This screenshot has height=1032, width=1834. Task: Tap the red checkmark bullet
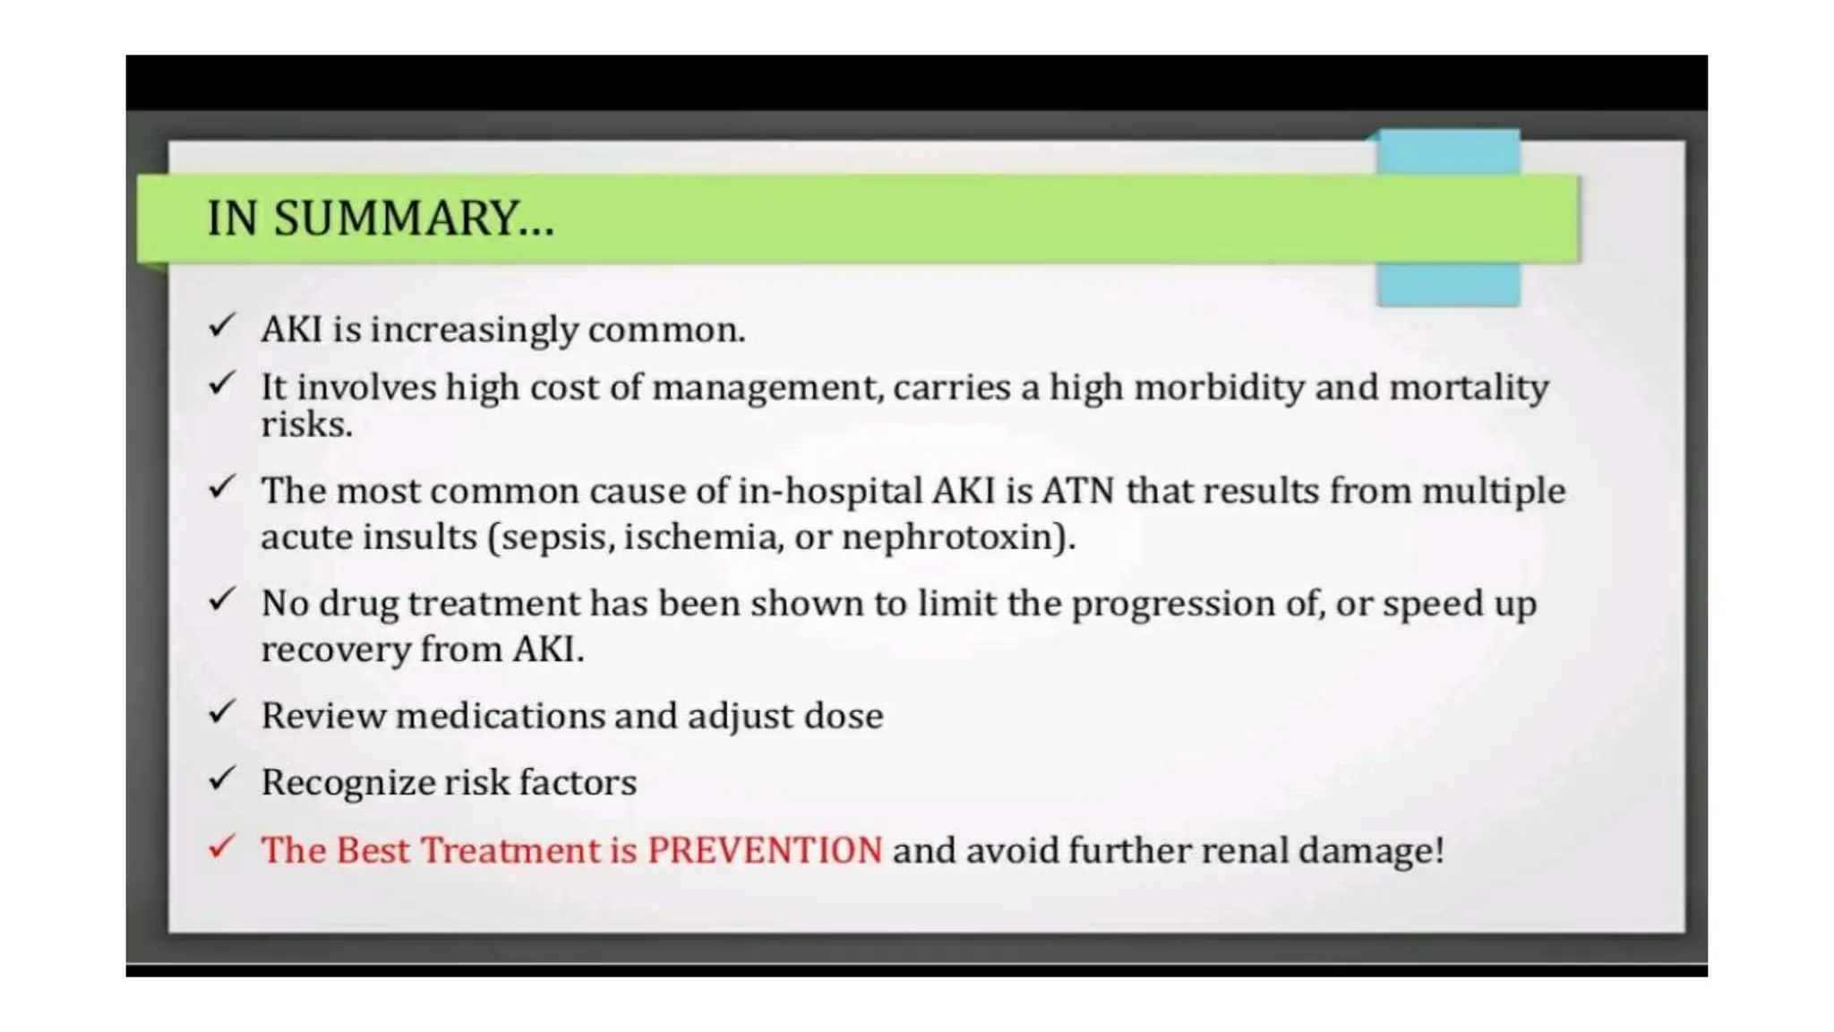tap(221, 847)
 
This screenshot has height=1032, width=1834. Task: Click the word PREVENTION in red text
tap(765, 850)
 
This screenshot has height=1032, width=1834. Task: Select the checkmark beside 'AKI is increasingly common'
tap(221, 325)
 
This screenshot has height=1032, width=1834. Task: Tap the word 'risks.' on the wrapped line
tap(306, 426)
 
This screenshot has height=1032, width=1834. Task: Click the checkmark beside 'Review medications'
tap(221, 712)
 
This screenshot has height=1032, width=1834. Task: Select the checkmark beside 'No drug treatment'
tap(221, 599)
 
